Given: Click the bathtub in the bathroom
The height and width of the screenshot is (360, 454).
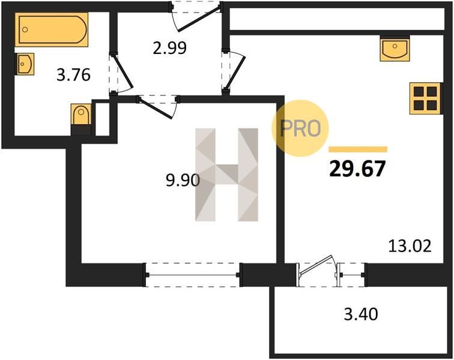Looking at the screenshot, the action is coord(52,29).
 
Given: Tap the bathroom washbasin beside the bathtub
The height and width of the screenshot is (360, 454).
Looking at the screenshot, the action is coord(25,64).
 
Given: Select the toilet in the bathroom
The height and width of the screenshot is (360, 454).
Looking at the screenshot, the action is coord(81,119).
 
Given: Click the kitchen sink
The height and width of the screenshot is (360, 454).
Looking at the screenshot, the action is coord(395,49).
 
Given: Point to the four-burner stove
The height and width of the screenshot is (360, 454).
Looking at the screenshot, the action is coord(425,98).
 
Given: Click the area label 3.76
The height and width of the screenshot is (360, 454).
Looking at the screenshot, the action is coord(73,75).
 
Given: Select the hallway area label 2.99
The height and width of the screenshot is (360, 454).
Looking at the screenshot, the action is coord(170,48).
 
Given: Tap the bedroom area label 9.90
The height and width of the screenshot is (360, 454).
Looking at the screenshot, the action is coord(183,181).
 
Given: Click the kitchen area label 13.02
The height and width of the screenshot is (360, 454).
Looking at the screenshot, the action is coord(410,246).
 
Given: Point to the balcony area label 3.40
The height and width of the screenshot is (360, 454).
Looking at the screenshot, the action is coord(361,314).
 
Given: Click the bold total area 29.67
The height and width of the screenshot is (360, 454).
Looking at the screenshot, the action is coord(357,169).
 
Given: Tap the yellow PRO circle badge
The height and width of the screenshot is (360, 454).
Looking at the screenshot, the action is coord(300,128).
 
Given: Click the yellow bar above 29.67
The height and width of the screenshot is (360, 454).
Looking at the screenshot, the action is coord(358,149).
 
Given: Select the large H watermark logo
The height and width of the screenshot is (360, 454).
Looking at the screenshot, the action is coord(227,175).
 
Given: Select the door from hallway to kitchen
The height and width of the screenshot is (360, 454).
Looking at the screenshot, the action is coord(235,73).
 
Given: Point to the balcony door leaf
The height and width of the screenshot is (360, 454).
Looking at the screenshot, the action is coord(316,264).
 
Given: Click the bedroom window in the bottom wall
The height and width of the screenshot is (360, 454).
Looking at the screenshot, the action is coord(193,275).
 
